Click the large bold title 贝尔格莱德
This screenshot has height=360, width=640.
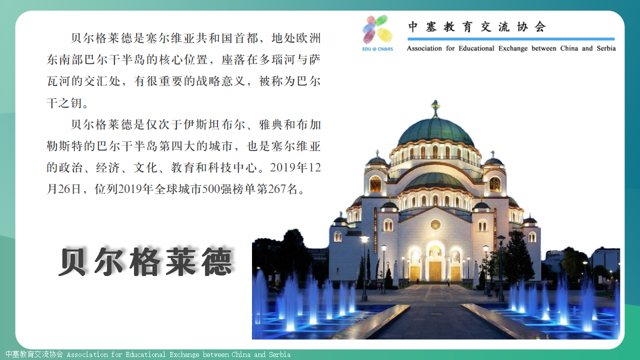pos(145,261)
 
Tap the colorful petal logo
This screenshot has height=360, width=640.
pos(377,29)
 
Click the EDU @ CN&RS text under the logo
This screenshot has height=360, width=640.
pos(377,49)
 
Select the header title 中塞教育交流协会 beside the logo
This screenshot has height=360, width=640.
pos(477,27)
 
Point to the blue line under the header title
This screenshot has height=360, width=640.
pos(511,39)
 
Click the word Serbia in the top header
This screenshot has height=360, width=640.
pos(606,48)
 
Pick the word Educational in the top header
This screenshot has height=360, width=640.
pos(476,48)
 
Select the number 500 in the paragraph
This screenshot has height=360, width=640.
pos(211,189)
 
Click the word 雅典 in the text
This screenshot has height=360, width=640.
pos(271,124)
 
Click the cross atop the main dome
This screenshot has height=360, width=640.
pos(435,108)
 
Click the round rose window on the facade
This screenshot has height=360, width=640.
pos(435,224)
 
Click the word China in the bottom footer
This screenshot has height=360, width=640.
pos(240,354)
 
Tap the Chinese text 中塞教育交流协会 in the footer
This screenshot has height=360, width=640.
pos(34,354)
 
